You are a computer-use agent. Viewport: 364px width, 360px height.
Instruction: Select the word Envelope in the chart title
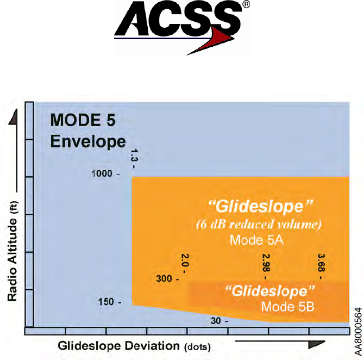pos(88,141)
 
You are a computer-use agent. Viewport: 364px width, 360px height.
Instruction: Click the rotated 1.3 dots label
pos(134,160)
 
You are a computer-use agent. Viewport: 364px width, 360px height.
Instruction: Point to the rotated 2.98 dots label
pos(266,264)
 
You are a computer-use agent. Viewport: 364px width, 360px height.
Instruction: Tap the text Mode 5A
pos(254,240)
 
